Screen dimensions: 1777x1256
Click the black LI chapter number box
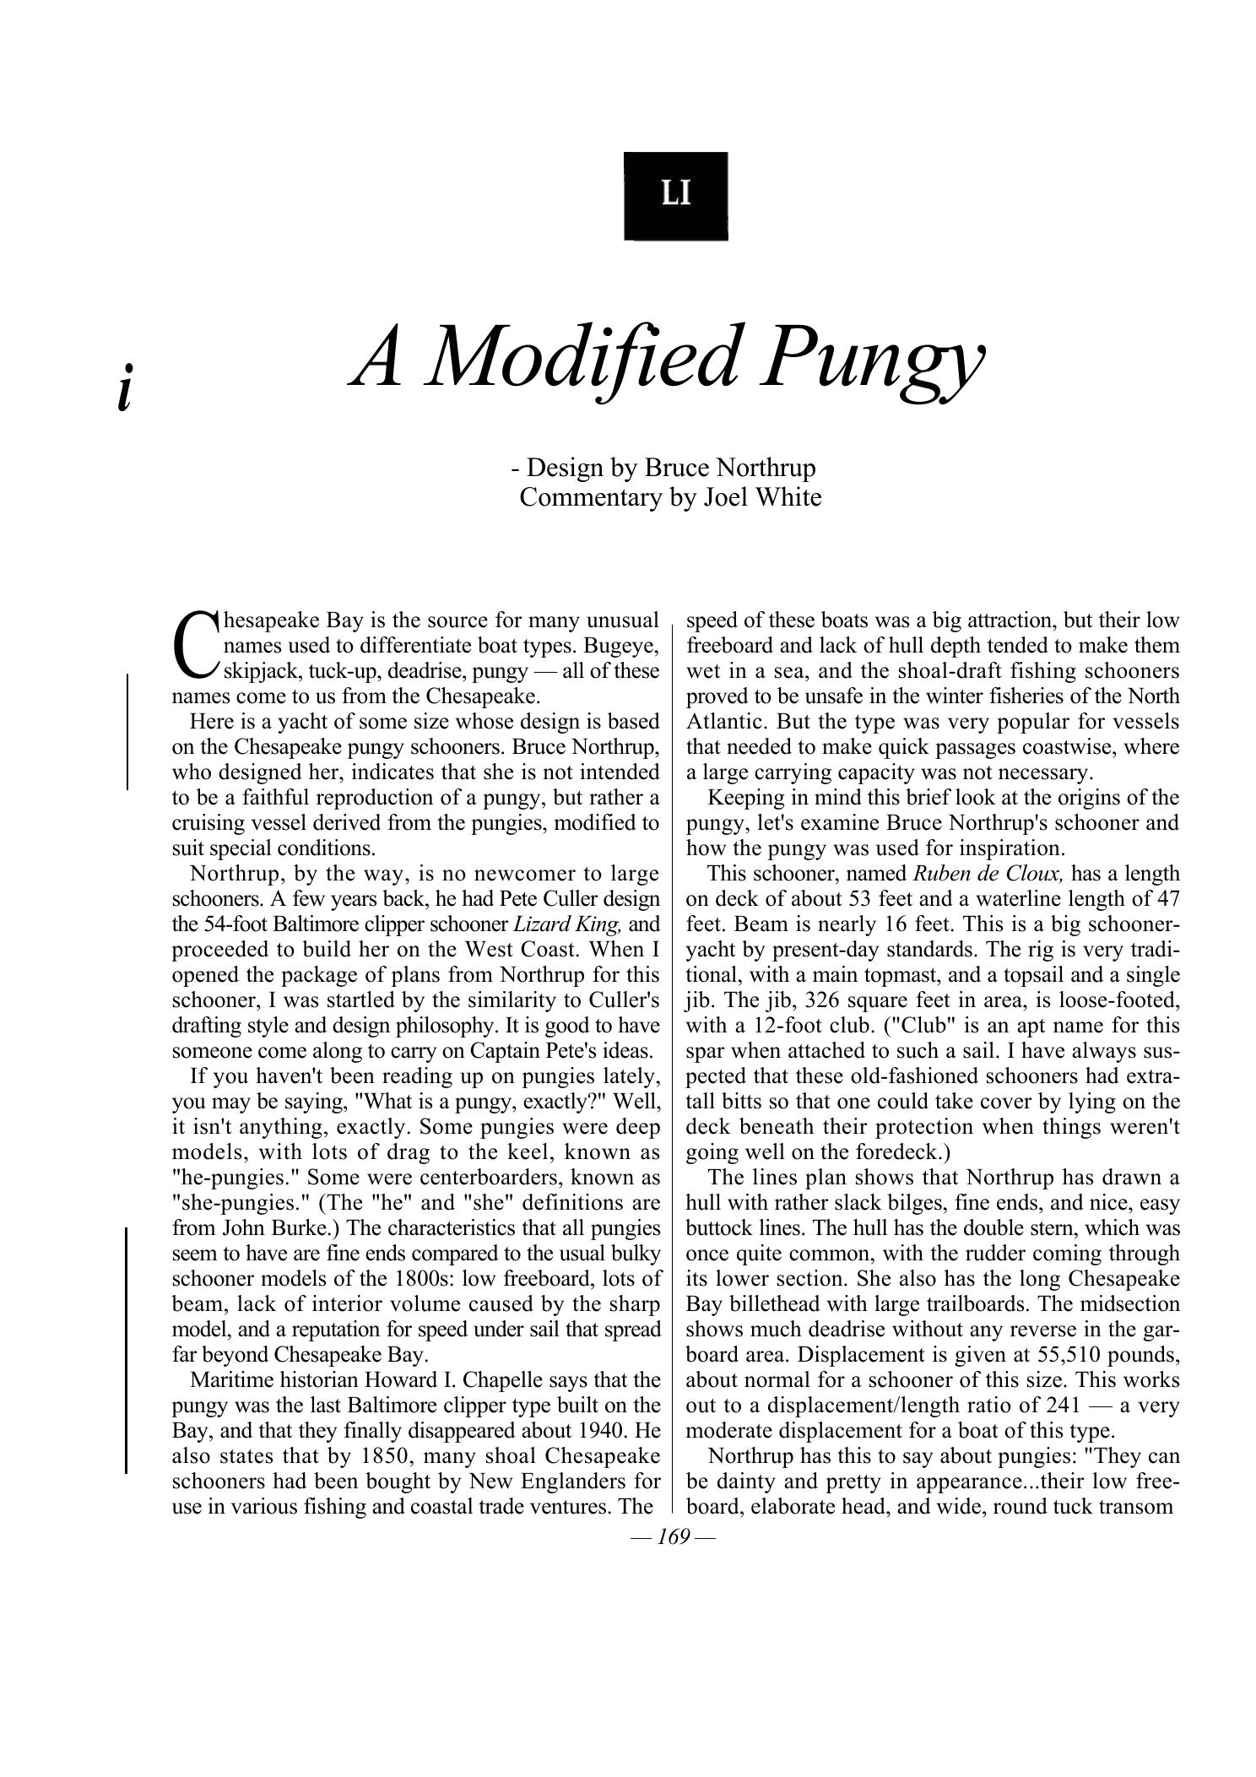pyautogui.click(x=675, y=196)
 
